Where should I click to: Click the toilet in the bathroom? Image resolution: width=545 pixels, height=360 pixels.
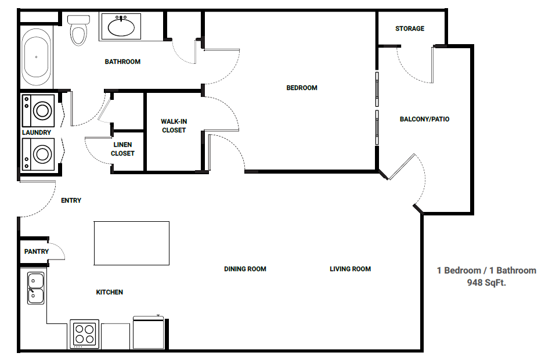78,30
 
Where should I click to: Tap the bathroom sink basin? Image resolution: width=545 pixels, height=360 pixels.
121,27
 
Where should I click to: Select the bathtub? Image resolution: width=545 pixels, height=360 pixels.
36,57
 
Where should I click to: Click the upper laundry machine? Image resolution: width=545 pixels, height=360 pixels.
38,110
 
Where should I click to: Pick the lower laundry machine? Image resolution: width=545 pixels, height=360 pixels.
38,154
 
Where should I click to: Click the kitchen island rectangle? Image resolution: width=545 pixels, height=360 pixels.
132,243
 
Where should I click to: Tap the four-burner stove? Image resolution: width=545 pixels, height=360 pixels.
85,334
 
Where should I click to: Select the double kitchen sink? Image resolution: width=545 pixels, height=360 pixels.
36,289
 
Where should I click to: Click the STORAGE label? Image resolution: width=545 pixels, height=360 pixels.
410,28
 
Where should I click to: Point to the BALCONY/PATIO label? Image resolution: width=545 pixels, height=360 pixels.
424,119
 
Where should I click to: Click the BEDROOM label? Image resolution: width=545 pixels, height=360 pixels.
302,88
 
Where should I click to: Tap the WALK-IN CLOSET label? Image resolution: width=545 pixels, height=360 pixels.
174,125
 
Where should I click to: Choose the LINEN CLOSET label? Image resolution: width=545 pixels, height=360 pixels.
122,149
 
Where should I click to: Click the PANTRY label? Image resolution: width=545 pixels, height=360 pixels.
37,251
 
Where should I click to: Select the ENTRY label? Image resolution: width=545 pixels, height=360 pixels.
71,200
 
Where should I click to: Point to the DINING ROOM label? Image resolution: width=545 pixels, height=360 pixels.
245,269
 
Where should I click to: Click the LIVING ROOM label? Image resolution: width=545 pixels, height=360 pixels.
351,269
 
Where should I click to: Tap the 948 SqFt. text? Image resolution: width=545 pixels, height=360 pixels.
486,282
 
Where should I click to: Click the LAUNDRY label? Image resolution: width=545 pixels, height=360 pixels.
37,132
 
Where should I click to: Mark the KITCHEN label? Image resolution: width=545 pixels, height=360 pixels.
110,292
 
